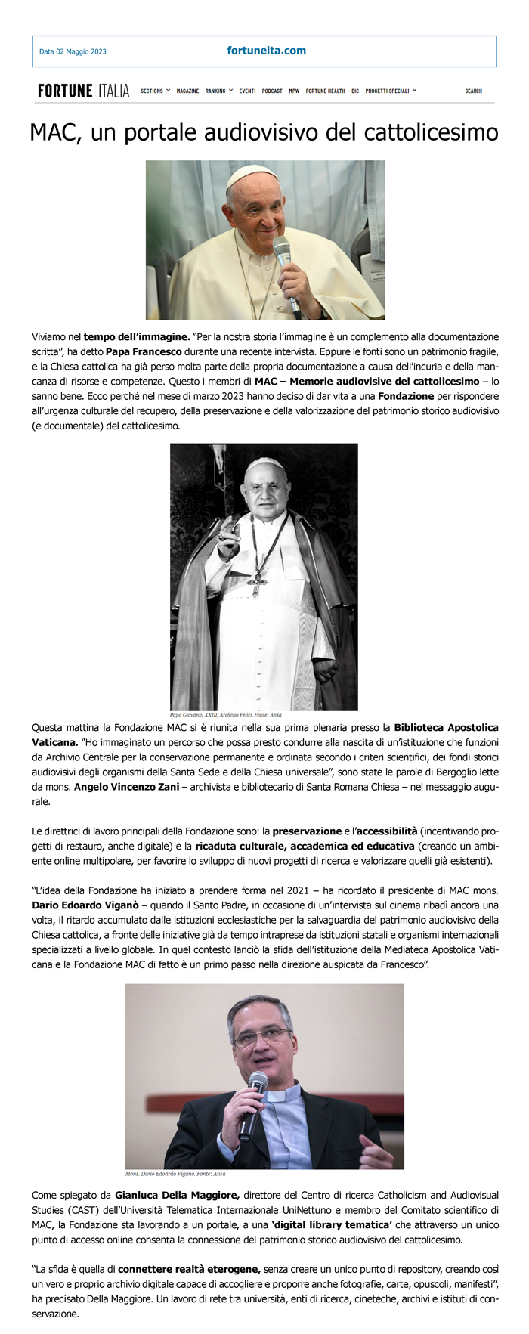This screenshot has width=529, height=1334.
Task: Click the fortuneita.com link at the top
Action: (266, 51)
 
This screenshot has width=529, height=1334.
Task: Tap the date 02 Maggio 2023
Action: (73, 51)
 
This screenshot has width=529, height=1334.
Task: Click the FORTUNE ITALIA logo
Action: (83, 91)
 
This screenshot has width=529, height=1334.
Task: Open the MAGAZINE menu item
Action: (187, 91)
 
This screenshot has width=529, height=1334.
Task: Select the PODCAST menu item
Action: (272, 91)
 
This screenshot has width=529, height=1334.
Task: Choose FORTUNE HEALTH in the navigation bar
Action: (325, 91)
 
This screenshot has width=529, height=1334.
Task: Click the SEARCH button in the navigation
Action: (473, 91)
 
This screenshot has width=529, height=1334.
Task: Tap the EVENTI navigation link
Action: (247, 91)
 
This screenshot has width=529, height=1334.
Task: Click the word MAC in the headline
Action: (54, 133)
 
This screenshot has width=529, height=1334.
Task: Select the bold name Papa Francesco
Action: (144, 351)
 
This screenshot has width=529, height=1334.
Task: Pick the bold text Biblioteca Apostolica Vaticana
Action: (446, 728)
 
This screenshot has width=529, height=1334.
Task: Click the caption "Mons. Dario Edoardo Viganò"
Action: (175, 1174)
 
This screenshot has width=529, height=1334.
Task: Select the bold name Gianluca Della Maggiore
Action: (177, 1196)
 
